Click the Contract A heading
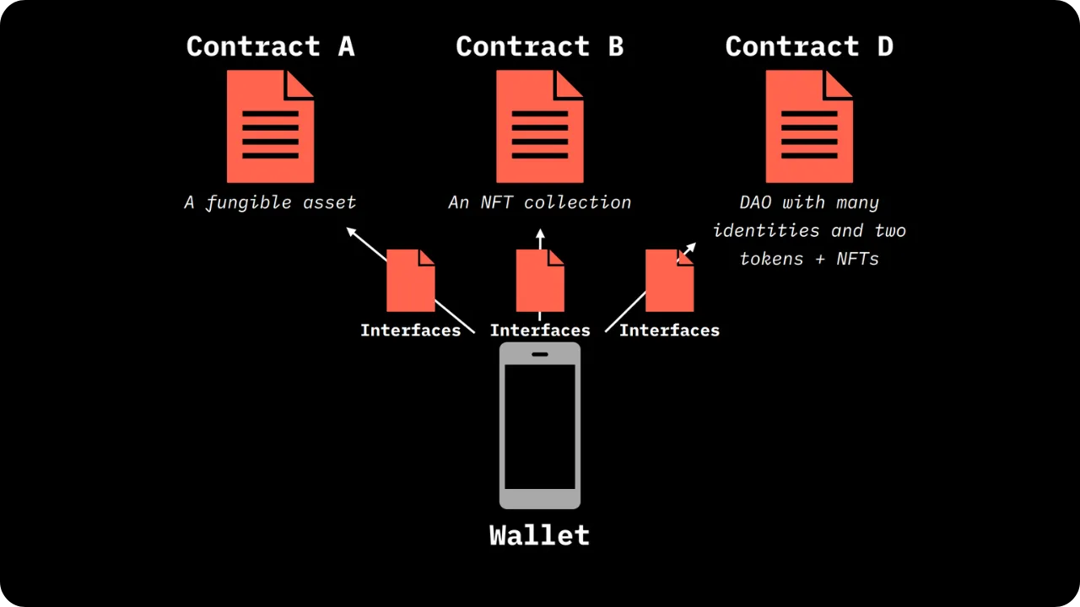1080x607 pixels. click(x=270, y=46)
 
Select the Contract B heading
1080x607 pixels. click(x=539, y=46)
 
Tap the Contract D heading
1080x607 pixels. click(x=809, y=46)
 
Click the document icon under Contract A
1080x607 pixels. click(x=270, y=126)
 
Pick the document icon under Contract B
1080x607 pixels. click(x=539, y=126)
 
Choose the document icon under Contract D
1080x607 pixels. click(x=809, y=126)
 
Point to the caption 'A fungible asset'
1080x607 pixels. click(x=270, y=202)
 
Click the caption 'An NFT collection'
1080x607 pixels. click(x=539, y=202)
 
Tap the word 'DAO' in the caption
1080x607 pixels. click(x=755, y=202)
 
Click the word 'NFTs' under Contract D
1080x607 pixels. click(x=858, y=259)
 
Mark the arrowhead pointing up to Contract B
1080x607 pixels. click(x=540, y=234)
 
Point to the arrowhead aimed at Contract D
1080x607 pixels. click(x=690, y=248)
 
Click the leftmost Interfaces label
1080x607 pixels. click(x=410, y=330)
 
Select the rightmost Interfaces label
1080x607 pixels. click(x=669, y=330)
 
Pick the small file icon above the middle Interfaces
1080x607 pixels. click(x=540, y=281)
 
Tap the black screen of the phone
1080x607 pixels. click(x=540, y=426)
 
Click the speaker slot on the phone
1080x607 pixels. click(x=540, y=354)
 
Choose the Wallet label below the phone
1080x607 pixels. click(x=539, y=535)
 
